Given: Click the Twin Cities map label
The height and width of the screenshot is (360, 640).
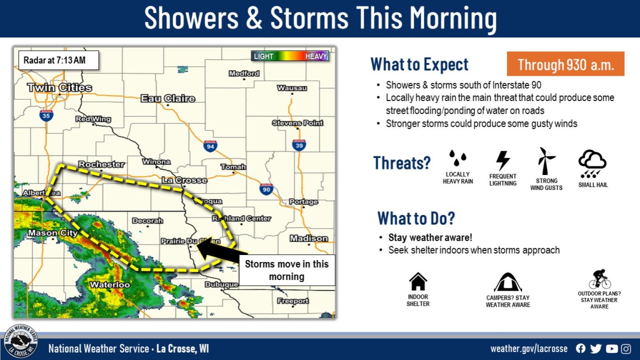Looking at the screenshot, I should pyautogui.click(x=60, y=87).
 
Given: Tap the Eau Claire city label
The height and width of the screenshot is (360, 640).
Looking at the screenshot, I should pyautogui.click(x=168, y=98).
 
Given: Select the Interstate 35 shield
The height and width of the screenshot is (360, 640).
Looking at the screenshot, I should pyautogui.click(x=46, y=115).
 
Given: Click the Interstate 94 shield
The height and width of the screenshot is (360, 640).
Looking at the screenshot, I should pyautogui.click(x=210, y=146).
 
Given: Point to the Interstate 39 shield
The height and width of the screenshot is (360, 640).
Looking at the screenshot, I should pyautogui.click(x=299, y=145).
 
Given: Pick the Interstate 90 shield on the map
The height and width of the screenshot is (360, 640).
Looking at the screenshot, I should pyautogui.click(x=266, y=189).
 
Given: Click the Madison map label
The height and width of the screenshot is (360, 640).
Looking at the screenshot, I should pyautogui.click(x=309, y=238).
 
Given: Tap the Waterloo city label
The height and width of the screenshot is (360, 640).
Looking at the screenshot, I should pyautogui.click(x=110, y=285).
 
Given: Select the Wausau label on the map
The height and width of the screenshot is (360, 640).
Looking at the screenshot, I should pyautogui.click(x=292, y=88).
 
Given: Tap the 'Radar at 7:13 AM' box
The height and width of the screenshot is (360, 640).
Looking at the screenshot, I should pyautogui.click(x=58, y=60).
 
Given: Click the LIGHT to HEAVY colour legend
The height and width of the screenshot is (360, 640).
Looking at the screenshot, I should pyautogui.click(x=290, y=56).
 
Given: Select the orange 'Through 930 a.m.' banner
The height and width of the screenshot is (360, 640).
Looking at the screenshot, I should pyautogui.click(x=565, y=64).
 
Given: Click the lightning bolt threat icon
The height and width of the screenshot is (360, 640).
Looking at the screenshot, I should pyautogui.click(x=503, y=160).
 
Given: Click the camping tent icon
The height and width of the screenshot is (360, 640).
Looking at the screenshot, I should pyautogui.click(x=507, y=282).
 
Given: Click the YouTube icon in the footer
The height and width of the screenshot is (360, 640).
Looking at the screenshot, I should pyautogui.click(x=612, y=349).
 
